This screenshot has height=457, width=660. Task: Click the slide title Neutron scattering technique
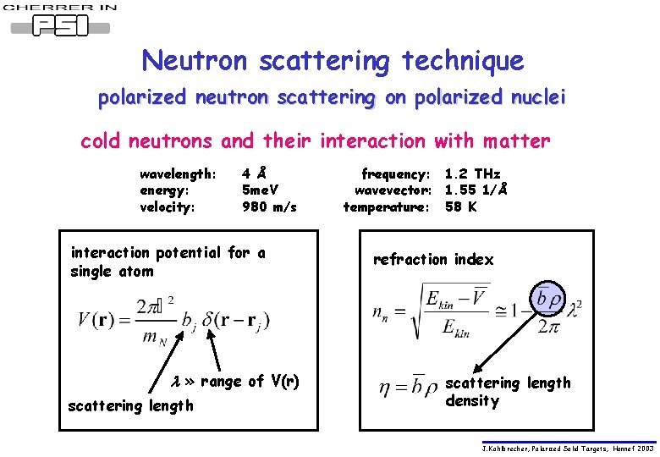333,60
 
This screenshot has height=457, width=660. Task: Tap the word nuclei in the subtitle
531,98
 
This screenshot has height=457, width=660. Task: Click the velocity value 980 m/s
269,206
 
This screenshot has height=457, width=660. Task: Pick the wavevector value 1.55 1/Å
476,190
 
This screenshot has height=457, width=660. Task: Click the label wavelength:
178,174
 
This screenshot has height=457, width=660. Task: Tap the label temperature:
387,206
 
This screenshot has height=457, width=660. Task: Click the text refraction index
432,260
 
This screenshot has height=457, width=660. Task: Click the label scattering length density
508,392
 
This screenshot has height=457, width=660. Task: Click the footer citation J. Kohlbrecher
568,448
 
